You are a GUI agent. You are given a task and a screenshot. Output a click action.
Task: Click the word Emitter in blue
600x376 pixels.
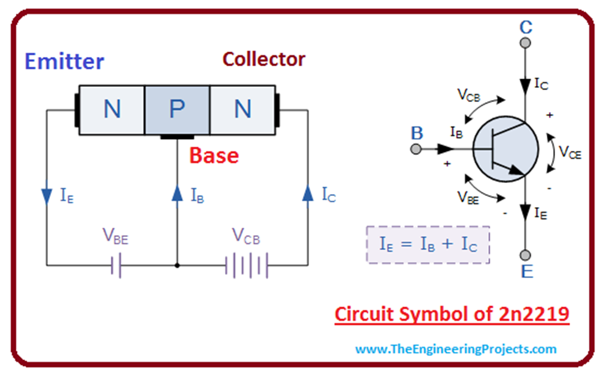tap(64, 62)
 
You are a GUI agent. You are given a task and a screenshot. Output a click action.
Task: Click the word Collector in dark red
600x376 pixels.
tap(264, 59)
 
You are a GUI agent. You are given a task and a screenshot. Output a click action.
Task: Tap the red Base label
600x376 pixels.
tap(214, 156)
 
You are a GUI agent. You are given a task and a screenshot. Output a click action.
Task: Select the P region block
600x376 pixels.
tap(176, 110)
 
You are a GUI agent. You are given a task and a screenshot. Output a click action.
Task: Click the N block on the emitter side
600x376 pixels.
tap(112, 110)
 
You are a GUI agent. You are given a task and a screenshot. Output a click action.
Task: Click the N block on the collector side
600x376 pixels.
tap(242, 110)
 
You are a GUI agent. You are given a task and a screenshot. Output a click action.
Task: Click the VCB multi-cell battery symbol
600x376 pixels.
tap(247, 266)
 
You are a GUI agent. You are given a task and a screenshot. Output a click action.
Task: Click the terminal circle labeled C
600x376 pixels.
tap(525, 43)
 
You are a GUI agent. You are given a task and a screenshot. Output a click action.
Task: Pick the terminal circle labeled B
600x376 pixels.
tap(417, 149)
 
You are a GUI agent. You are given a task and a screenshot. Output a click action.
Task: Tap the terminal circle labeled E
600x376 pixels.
tap(525, 255)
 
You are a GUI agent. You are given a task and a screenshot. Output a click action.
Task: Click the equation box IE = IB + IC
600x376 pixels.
tap(428, 245)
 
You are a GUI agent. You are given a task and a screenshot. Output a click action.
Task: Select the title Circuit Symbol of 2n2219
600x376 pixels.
tap(452, 314)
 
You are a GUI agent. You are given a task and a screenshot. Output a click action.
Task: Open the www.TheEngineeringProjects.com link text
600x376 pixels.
tap(456, 350)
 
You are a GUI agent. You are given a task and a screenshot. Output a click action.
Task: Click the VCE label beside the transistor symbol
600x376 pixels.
tap(570, 153)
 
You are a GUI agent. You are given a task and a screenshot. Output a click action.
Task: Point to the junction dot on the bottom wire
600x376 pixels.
tap(177, 266)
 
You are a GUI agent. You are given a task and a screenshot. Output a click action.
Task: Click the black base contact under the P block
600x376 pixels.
tap(177, 137)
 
